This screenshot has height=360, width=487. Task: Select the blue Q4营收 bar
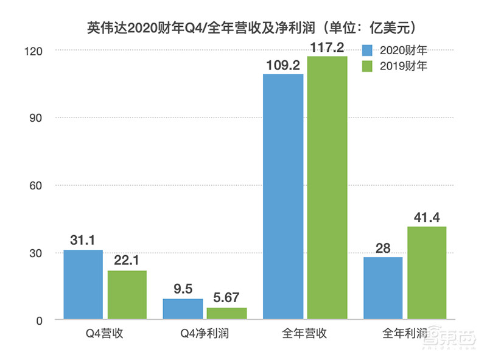[x=83, y=284]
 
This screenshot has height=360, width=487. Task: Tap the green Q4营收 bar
[x=127, y=295]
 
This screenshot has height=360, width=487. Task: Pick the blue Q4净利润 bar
[x=183, y=309]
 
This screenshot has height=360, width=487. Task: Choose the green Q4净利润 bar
[x=226, y=313]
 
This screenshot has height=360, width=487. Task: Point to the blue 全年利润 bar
[x=383, y=288]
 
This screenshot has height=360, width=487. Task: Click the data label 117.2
[x=328, y=46]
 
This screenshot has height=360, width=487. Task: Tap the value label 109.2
[x=283, y=64]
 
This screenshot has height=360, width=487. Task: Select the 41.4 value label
[x=426, y=216]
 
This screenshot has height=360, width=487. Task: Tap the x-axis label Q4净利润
[x=205, y=334]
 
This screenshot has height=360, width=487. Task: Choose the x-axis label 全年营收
[x=305, y=334]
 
